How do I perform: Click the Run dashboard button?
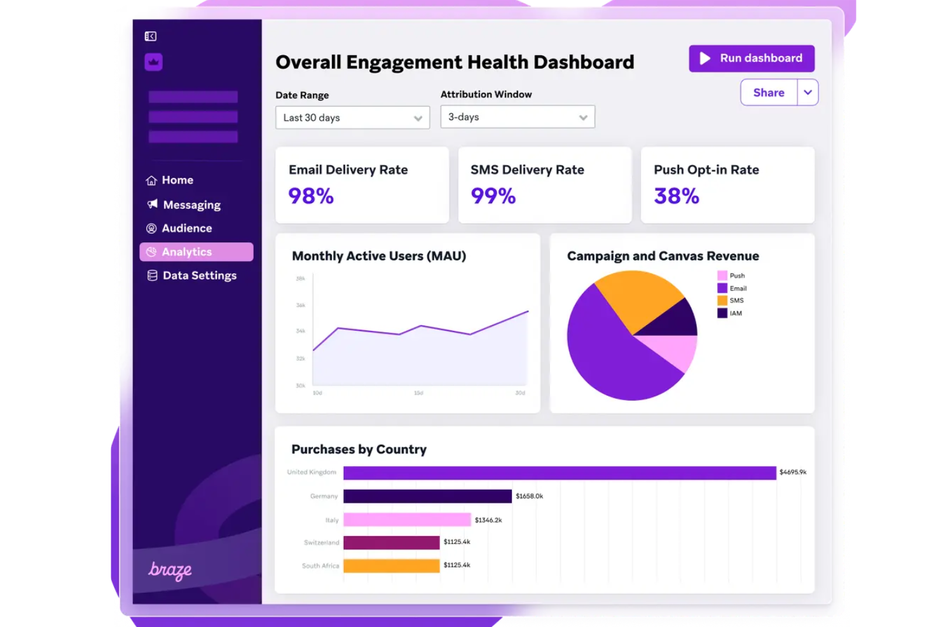click(751, 58)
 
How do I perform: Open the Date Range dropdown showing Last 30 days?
click(352, 118)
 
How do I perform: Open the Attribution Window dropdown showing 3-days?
click(517, 117)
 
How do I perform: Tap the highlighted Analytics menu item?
click(196, 252)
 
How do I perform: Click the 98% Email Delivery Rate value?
click(311, 196)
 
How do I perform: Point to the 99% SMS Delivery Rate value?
click(493, 196)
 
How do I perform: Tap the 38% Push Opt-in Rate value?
click(676, 196)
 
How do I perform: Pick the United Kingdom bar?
click(559, 473)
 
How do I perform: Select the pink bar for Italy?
click(407, 520)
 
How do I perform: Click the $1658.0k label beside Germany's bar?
click(529, 496)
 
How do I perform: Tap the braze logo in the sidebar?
click(170, 570)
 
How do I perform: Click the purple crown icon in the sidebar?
click(153, 62)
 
